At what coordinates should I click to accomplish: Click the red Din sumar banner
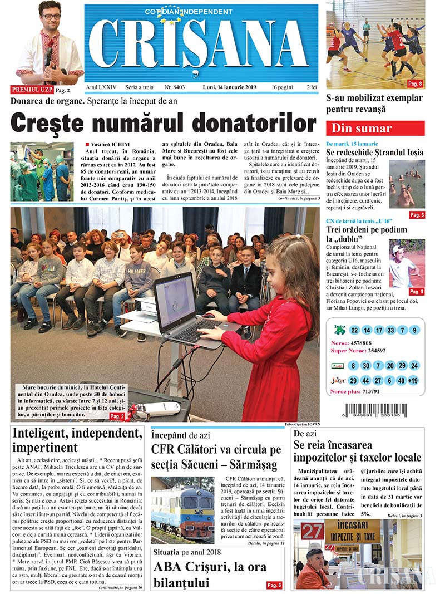tap(375, 129)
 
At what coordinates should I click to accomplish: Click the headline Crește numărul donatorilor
tap(164, 121)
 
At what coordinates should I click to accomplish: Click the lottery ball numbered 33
tap(390, 330)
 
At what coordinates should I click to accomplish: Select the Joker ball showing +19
tap(413, 381)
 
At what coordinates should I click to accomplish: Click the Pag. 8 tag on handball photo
tap(415, 84)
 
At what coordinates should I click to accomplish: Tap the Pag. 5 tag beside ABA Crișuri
tap(274, 585)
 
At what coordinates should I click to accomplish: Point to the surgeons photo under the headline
tap(42, 171)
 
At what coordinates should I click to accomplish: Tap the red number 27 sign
tap(312, 531)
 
